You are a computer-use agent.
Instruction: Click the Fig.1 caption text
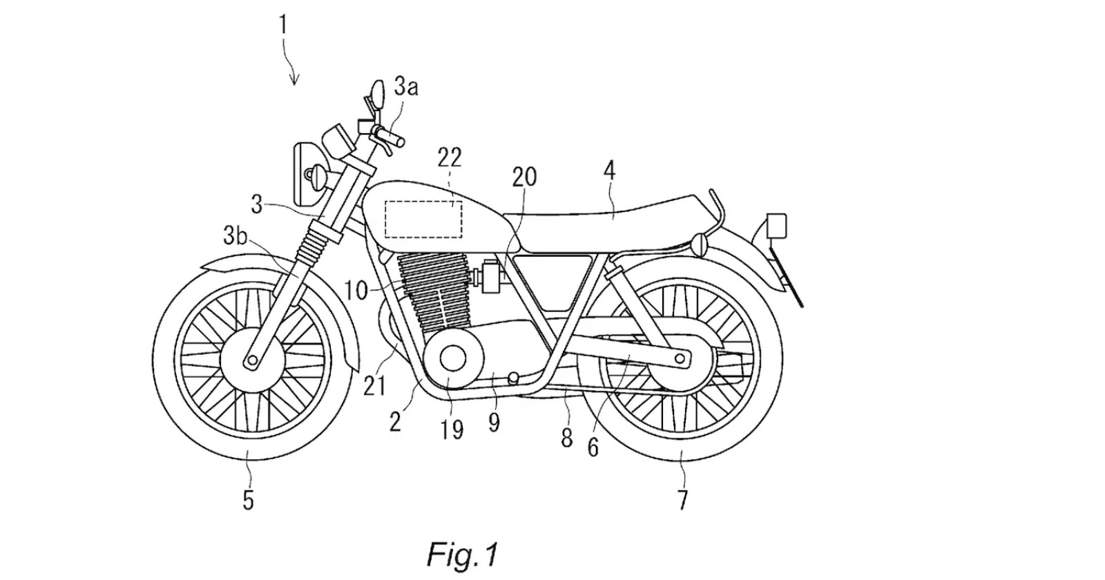(462, 554)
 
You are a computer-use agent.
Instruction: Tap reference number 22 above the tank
(450, 159)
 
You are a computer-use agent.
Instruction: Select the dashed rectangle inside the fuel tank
(423, 219)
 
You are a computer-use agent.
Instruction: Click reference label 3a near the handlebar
(406, 87)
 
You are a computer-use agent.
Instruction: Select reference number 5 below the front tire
(248, 499)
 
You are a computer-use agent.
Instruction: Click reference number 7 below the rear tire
(682, 499)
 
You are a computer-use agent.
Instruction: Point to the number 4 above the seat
(610, 171)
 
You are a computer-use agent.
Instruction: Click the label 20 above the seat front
(523, 177)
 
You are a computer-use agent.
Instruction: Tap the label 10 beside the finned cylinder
(357, 291)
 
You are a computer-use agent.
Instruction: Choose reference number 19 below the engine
(452, 429)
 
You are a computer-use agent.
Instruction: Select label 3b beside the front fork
(235, 237)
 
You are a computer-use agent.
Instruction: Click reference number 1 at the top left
(283, 26)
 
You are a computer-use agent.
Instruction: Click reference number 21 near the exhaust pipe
(375, 385)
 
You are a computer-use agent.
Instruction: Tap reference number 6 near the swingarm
(593, 447)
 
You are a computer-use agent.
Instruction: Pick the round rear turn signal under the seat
(700, 243)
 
